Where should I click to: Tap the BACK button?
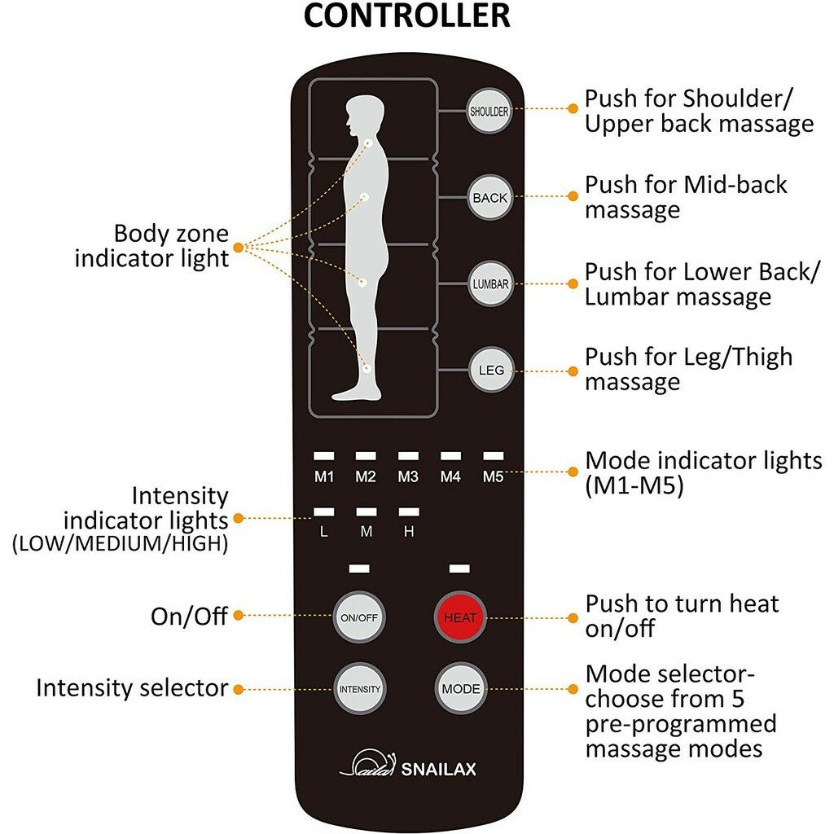(x=489, y=197)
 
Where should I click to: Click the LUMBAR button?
(x=491, y=284)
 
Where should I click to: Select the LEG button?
(x=491, y=371)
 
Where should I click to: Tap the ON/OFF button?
(x=359, y=617)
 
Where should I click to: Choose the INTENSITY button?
(x=359, y=689)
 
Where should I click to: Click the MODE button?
(x=461, y=689)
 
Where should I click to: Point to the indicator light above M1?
(x=324, y=456)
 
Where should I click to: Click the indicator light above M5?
(x=493, y=456)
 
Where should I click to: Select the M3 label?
(x=408, y=476)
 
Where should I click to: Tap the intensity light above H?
(x=409, y=511)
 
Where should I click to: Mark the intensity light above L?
(x=324, y=511)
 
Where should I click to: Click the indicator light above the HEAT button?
(x=459, y=568)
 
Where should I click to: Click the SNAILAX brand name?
(x=438, y=769)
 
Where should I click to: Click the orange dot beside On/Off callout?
(x=239, y=616)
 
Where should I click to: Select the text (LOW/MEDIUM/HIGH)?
(x=121, y=543)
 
